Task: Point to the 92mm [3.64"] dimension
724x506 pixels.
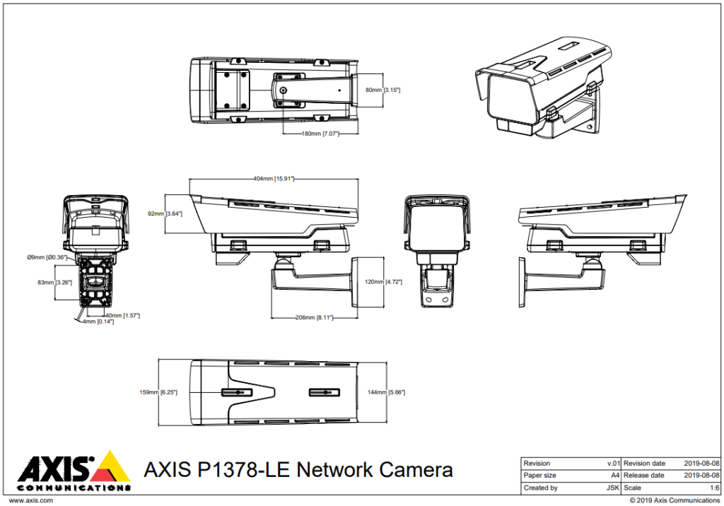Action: tap(165, 213)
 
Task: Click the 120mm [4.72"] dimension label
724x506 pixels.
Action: tap(385, 282)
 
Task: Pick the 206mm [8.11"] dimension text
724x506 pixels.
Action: tap(314, 318)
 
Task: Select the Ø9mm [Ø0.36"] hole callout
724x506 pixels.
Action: tap(47, 257)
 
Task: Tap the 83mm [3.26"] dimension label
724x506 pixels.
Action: tap(55, 282)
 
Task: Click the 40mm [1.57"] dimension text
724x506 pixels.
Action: tap(122, 315)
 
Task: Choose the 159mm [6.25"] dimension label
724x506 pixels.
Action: tap(158, 392)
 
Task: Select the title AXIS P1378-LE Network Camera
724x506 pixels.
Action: tap(298, 470)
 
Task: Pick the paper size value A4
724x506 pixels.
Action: tap(615, 476)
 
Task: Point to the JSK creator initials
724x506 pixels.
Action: tap(613, 488)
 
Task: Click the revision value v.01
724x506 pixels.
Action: tap(613, 464)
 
